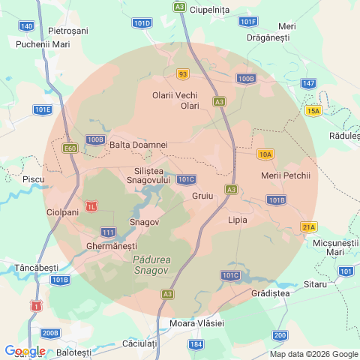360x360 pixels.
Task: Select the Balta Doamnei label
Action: point(138,144)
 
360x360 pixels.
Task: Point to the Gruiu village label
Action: point(202,195)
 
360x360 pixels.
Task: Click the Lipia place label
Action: point(238,220)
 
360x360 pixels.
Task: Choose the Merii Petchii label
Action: point(285,175)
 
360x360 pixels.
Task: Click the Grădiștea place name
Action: point(271,293)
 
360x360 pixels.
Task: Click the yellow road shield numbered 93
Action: point(183,73)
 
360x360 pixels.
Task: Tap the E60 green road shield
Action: point(70,148)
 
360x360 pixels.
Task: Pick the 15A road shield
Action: point(313,111)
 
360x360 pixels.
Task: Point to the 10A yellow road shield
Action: point(265,154)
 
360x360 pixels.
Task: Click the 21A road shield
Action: point(308,226)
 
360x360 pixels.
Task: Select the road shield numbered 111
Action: point(109,232)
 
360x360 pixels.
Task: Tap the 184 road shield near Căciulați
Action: point(196,344)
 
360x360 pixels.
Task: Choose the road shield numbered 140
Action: point(27,26)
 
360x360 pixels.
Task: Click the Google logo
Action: point(25,351)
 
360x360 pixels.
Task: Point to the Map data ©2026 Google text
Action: point(313,355)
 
